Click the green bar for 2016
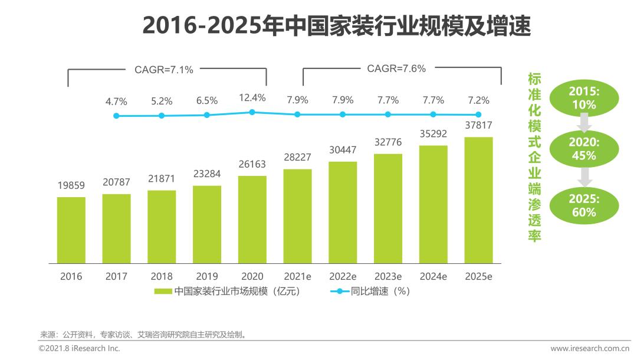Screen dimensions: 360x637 (71, 230)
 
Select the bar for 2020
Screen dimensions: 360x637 (252, 220)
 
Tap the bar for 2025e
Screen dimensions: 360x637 (478, 200)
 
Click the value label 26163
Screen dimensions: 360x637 (252, 163)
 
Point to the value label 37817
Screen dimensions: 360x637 (478, 125)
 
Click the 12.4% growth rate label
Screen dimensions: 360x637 (252, 97)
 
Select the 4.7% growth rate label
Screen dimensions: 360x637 (116, 102)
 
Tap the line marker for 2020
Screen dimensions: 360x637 (252, 112)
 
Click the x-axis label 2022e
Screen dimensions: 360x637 (343, 276)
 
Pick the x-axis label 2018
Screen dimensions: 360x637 (162, 276)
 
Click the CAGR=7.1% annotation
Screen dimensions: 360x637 (164, 70)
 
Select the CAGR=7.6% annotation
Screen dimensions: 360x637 (396, 68)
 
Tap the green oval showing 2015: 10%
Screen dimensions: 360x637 (583, 98)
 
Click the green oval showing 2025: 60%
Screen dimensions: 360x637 (583, 205)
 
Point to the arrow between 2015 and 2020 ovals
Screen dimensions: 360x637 (584, 123)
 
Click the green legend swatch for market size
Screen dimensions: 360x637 (163, 291)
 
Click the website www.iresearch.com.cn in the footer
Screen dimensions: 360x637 (590, 349)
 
